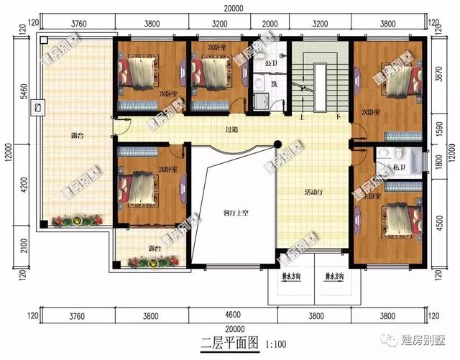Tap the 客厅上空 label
(236, 213)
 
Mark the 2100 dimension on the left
(23, 247)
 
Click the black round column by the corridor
(278, 145)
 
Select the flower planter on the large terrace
(74, 219)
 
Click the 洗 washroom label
(274, 85)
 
